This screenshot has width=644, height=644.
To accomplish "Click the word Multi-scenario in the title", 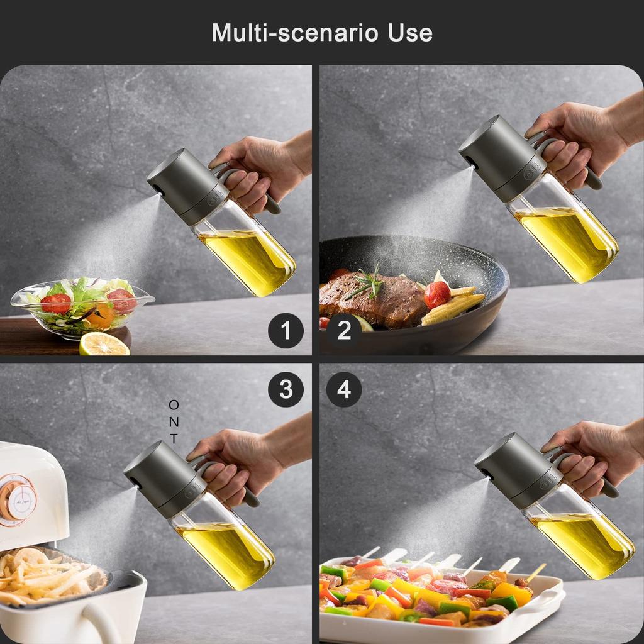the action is click(x=295, y=33).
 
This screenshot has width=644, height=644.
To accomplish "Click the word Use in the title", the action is click(x=410, y=33).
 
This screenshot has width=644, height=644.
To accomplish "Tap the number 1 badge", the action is click(x=286, y=331).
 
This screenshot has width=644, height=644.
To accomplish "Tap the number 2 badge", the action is click(x=344, y=331).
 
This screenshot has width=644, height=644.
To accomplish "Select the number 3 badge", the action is click(x=286, y=389).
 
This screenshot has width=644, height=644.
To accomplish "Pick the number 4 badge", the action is click(x=344, y=389).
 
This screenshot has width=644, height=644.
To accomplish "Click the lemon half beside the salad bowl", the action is click(x=104, y=344).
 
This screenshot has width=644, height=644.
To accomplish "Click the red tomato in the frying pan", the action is click(x=437, y=294).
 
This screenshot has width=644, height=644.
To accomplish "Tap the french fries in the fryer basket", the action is click(x=45, y=575).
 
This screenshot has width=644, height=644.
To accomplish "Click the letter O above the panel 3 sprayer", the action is click(x=174, y=405).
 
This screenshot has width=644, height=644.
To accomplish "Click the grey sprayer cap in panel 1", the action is click(x=187, y=186).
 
